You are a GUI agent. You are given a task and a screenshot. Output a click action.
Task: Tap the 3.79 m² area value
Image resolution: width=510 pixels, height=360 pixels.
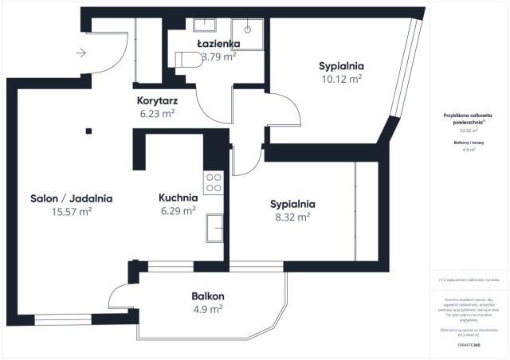click(218, 57)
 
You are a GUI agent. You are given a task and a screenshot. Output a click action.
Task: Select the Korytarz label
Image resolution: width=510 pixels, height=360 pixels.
click(158, 100)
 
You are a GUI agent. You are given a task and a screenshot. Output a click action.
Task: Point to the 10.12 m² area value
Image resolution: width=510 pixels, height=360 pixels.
click(341, 79)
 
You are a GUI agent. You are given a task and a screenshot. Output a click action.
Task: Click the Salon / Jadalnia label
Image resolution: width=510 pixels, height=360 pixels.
click(71, 198)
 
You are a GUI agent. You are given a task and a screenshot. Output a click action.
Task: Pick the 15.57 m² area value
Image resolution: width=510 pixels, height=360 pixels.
click(71, 212)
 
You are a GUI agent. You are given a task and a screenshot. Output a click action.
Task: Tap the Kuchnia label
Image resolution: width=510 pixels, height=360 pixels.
click(178, 198)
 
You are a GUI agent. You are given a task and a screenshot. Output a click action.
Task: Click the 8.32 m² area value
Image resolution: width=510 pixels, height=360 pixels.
click(292, 216)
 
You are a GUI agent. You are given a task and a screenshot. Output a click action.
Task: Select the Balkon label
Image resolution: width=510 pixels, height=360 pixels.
click(207, 295)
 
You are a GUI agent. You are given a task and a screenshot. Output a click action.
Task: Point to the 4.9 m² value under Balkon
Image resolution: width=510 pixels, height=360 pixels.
click(207, 309)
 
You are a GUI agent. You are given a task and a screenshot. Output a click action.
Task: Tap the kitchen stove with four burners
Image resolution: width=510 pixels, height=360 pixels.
click(214, 184)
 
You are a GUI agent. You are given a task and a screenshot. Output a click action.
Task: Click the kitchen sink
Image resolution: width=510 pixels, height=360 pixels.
click(214, 228)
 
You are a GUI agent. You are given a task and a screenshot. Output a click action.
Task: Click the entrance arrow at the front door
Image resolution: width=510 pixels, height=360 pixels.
click(81, 53)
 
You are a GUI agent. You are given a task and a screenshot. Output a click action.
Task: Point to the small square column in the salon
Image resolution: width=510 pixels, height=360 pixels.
click(88, 131)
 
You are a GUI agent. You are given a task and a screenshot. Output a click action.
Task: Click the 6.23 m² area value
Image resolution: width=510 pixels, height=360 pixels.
click(158, 114)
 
